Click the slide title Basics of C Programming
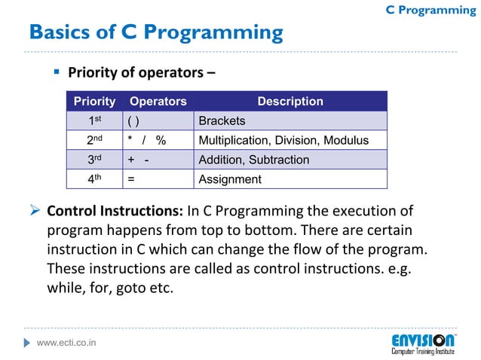coord(155,33)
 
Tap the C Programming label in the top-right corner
coord(430,10)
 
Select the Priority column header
coord(94,101)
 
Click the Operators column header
coord(158,101)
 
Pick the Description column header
coord(290,101)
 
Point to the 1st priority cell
coord(95,121)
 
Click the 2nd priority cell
coord(95,140)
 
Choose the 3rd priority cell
coord(95,160)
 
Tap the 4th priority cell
coord(95,179)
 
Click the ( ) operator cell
coord(133,121)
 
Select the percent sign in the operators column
coord(161,140)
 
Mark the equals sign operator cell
coord(131,179)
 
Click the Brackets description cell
coord(221,121)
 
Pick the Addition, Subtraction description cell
coord(253,160)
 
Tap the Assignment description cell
coord(229,179)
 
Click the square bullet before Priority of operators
coord(56,73)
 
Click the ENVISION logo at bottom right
coord(423,343)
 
